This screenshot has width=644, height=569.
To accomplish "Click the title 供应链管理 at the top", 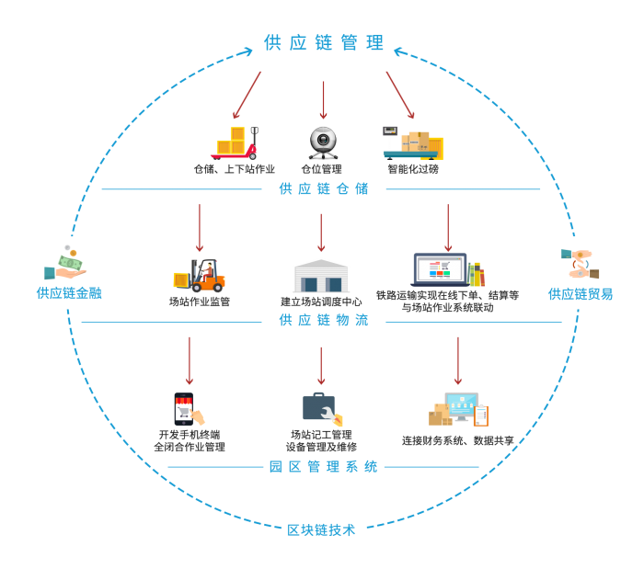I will pos(324,43).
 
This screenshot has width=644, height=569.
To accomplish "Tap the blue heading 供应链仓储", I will pos(324,188).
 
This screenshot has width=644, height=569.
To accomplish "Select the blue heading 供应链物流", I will pos(324,321).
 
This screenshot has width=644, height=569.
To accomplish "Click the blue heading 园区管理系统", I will pos(324,467).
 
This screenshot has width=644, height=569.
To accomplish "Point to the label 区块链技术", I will pos(321,530).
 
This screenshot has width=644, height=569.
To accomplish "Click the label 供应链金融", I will pos(69,293).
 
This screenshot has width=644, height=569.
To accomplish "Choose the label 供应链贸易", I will pos(580,294).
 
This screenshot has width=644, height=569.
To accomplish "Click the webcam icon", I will pos(323,142).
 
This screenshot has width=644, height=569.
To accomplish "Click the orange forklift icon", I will pos(201,275).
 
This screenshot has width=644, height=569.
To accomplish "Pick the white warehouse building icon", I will pos(321,275).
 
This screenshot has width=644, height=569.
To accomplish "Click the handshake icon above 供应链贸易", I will pos(580,264).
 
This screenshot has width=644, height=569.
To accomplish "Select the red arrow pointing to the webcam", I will pos(323,99).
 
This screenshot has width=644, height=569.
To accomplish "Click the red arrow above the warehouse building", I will pos(321,233).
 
